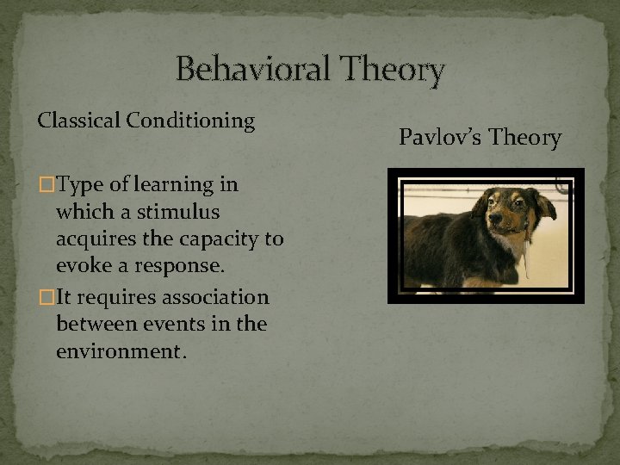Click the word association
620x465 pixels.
click(218, 298)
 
